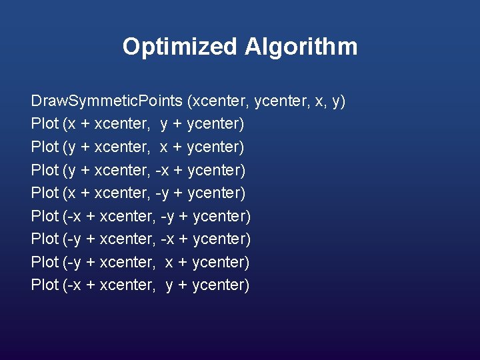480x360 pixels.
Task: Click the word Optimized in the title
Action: coord(180,47)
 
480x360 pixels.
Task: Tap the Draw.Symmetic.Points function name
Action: coord(107,101)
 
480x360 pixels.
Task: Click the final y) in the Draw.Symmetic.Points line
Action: coord(339,101)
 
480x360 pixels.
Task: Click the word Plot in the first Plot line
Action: coord(44,124)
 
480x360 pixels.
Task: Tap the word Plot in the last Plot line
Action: coord(44,285)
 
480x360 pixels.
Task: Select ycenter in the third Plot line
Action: coord(217,170)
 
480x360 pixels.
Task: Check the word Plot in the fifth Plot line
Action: coord(44,216)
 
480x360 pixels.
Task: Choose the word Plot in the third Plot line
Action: coord(44,170)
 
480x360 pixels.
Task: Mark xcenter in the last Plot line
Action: coord(127,285)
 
